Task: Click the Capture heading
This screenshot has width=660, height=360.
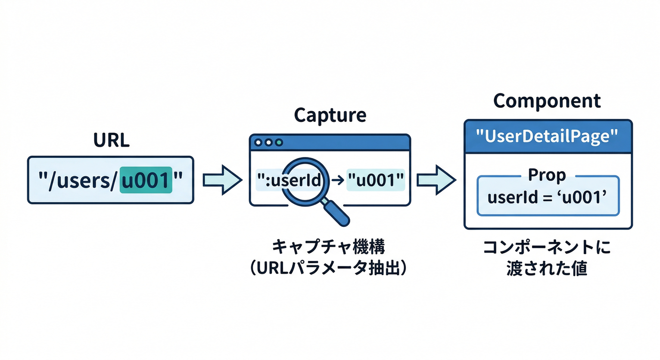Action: pyautogui.click(x=330, y=115)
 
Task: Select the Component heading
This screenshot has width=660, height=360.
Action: pyautogui.click(x=547, y=101)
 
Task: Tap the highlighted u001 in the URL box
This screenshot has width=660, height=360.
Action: pyautogui.click(x=146, y=180)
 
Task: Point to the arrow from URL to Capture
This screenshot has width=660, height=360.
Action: pyautogui.click(x=222, y=180)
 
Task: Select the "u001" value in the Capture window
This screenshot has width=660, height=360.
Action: pyautogui.click(x=375, y=180)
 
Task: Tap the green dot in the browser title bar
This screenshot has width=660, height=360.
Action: pyautogui.click(x=279, y=142)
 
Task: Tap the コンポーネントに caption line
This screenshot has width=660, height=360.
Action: pyautogui.click(x=547, y=247)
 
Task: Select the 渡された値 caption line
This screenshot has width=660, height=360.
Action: pyautogui.click(x=547, y=270)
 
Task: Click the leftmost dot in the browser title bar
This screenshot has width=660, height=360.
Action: pyautogui.click(x=258, y=142)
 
